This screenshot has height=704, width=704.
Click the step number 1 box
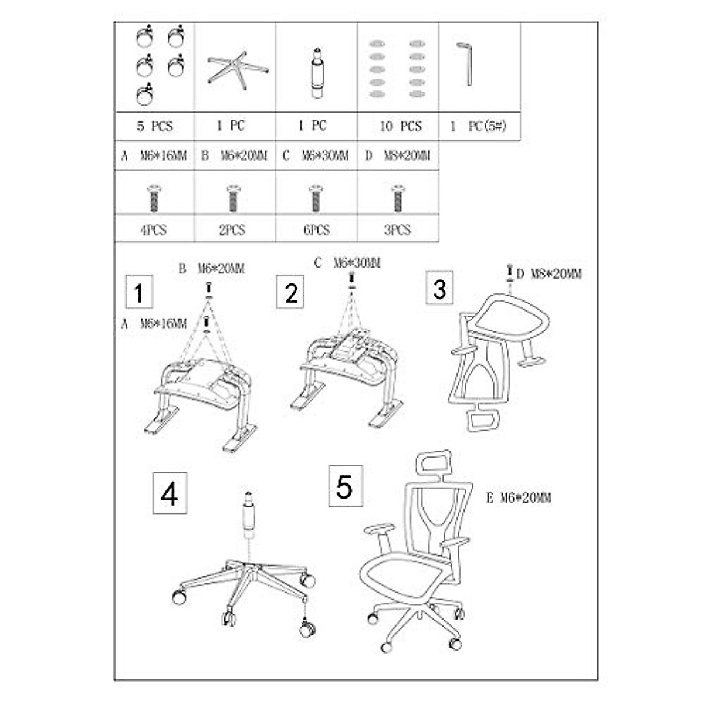coord(138,292)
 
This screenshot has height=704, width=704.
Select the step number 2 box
coord(290,292)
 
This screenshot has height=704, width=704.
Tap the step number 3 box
coord(439,287)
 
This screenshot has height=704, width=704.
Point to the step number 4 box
coord(170,493)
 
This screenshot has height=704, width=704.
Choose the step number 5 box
coord(345,485)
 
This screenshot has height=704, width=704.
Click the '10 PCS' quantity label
coord(400,126)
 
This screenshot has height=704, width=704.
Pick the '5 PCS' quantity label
coord(154,126)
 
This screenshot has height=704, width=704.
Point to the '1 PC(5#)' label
coord(478,126)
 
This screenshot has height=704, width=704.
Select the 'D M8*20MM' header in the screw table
coord(398,156)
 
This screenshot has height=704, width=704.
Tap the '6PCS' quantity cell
coord(316,231)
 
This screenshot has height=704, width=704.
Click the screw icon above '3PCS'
coord(397,198)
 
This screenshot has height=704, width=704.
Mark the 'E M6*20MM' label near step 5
coord(519,498)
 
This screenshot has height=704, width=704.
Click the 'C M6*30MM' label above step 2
coord(347,263)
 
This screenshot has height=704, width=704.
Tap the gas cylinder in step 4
coord(249,516)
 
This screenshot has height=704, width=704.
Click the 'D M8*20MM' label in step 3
coord(549,274)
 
